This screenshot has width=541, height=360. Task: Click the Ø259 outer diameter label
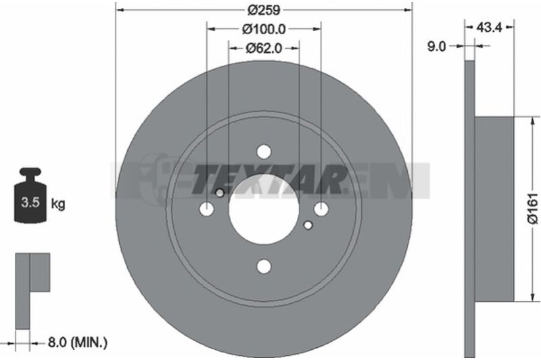tap(264, 10)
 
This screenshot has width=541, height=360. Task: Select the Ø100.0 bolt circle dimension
tap(264, 29)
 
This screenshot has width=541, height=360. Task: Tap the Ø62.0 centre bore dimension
tap(264, 48)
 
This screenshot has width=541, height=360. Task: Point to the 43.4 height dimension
tap(488, 27)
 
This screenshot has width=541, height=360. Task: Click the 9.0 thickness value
tap(436, 46)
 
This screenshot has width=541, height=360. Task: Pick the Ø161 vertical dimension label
tap(533, 208)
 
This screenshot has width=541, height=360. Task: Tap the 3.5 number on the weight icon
tap(30, 202)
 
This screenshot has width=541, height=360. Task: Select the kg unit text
tap(58, 204)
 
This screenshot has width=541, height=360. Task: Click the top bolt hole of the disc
tap(264, 152)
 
